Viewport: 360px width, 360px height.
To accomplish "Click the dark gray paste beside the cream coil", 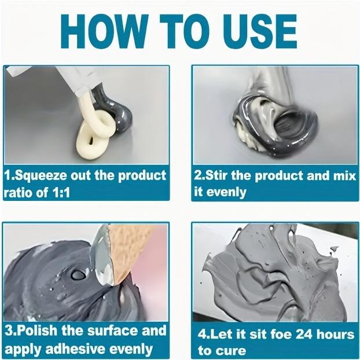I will (x=115, y=108).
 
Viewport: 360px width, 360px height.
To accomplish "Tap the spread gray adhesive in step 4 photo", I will (x=272, y=278).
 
